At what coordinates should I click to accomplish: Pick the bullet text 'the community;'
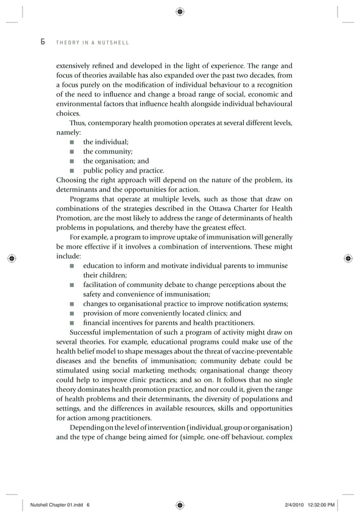click(x=108, y=152)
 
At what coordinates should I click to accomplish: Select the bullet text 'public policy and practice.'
click(x=124, y=171)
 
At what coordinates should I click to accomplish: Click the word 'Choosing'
click(x=72, y=180)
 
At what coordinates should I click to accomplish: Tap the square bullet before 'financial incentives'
click(x=72, y=323)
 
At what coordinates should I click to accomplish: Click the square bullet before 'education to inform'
click(x=72, y=266)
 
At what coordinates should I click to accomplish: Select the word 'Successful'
click(x=88, y=333)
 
